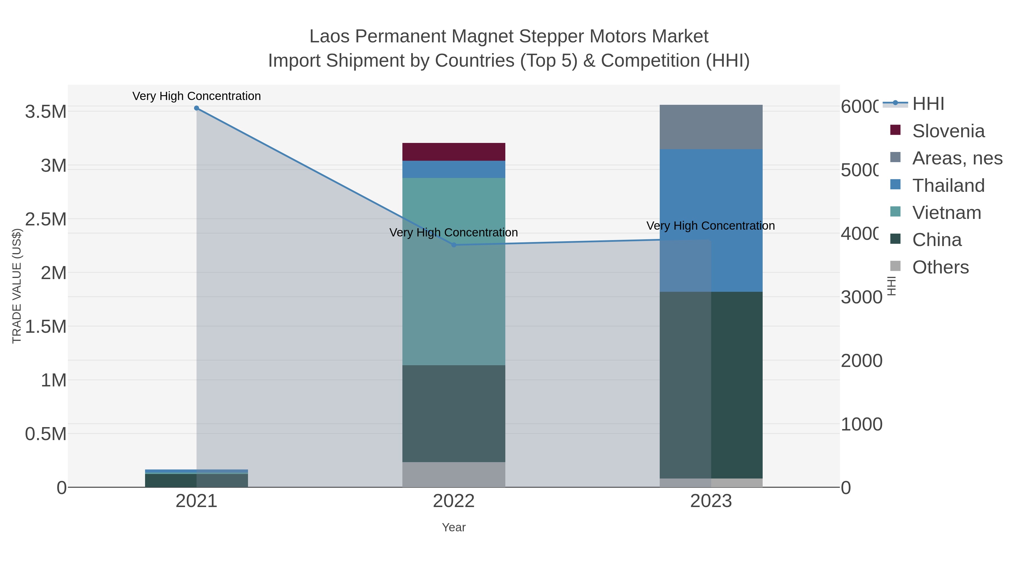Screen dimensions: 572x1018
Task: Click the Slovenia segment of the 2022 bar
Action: point(454,152)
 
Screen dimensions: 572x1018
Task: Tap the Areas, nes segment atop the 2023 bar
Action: point(711,127)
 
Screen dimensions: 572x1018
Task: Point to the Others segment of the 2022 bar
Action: point(454,475)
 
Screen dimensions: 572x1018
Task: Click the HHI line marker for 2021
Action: point(197,108)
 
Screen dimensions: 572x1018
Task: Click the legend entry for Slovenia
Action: point(948,131)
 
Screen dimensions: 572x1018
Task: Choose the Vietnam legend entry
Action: point(946,213)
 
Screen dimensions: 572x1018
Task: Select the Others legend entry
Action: point(940,267)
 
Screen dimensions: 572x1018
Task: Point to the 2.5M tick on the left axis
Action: point(46,219)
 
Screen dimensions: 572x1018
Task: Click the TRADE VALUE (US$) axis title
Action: point(17,286)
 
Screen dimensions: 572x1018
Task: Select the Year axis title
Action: point(454,527)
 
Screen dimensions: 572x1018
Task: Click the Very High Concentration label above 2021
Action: point(197,96)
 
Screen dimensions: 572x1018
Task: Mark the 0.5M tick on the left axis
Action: point(46,434)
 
